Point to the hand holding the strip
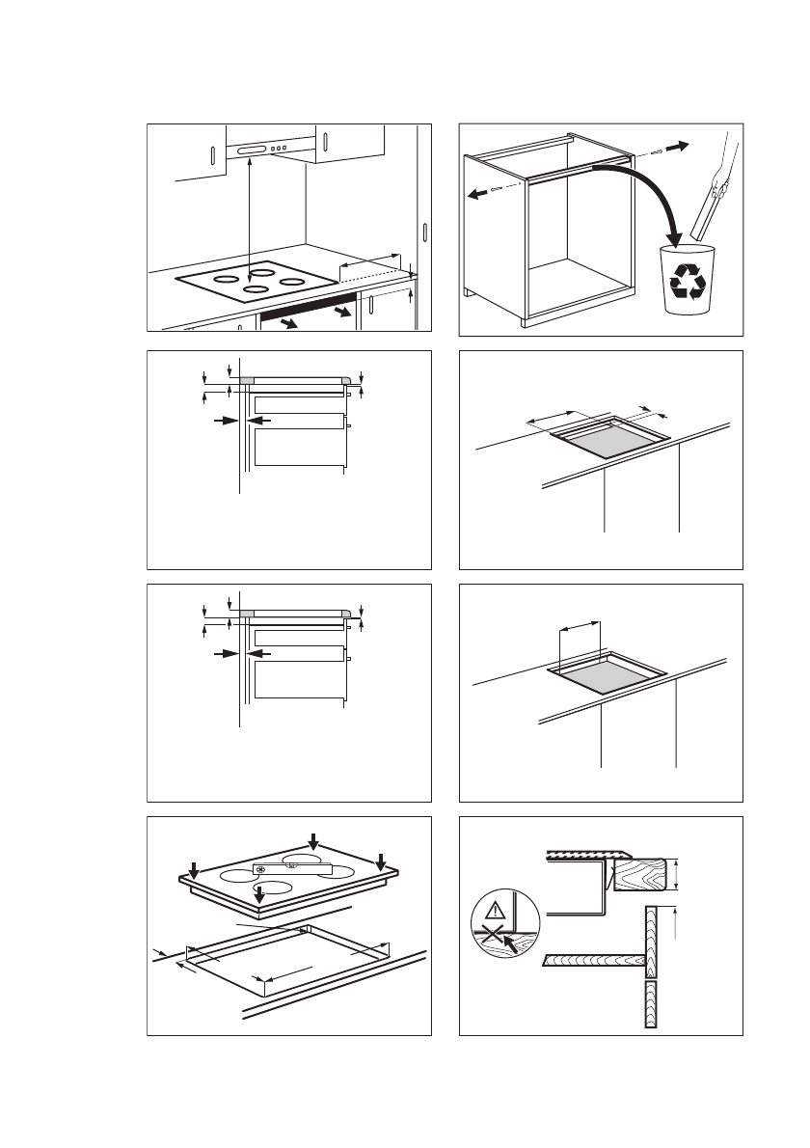pyautogui.click(x=718, y=187)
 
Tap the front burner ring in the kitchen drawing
pyautogui.click(x=256, y=289)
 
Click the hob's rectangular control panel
pyautogui.click(x=291, y=869)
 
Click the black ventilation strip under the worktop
pyautogui.click(x=308, y=308)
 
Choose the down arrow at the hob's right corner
pyautogui.click(x=381, y=861)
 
